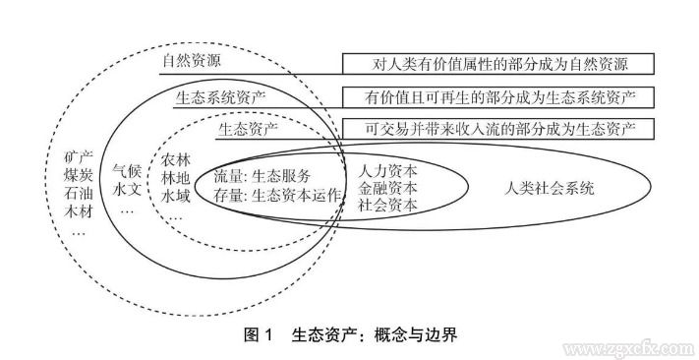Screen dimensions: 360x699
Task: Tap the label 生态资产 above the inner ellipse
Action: pyautogui.click(x=247, y=128)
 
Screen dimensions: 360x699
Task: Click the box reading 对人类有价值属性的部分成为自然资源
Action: pyautogui.click(x=499, y=64)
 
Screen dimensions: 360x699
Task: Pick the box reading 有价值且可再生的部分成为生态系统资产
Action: pyautogui.click(x=499, y=97)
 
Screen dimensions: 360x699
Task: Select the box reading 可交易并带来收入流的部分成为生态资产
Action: pyautogui.click(x=499, y=128)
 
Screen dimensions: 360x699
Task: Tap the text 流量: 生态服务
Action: pyautogui.click(x=262, y=177)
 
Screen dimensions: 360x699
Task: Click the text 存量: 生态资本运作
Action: pyautogui.click(x=278, y=195)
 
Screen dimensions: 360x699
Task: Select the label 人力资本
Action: pyautogui.click(x=387, y=170)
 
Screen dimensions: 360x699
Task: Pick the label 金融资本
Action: pyautogui.click(x=387, y=187)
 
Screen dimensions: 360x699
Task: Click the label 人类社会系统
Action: pyautogui.click(x=550, y=188)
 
